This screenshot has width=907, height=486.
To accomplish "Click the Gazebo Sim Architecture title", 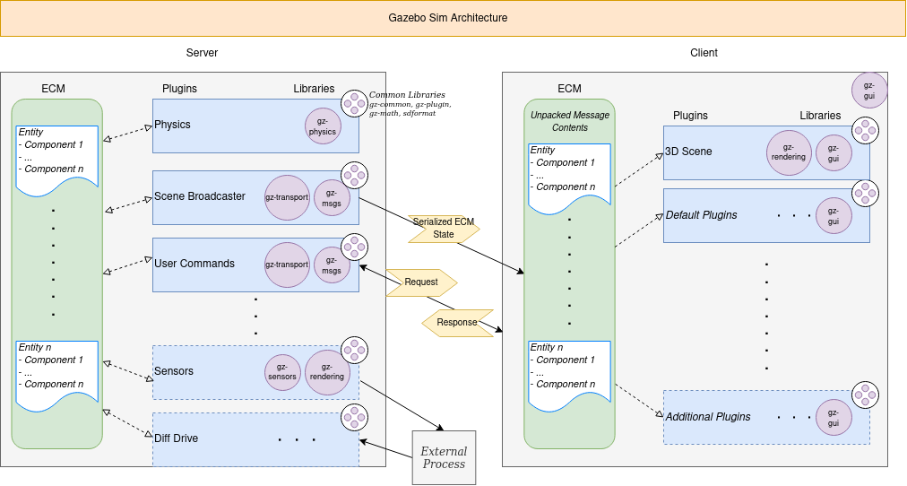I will (x=447, y=18).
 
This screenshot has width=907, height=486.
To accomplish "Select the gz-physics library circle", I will (x=323, y=126).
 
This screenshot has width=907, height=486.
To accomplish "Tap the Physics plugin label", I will (x=172, y=125).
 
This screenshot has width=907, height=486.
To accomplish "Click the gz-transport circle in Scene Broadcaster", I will (x=287, y=197).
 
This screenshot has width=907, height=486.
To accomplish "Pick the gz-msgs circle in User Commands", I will (x=332, y=265).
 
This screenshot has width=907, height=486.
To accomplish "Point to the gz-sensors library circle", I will (x=282, y=372).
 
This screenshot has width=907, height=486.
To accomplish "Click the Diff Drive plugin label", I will (x=176, y=438).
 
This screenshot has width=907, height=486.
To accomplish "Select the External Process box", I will (x=444, y=457).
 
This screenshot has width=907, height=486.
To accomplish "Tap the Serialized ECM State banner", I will (x=443, y=228).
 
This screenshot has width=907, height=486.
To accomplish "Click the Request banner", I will (x=421, y=282).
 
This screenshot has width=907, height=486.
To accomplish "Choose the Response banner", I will (x=457, y=323).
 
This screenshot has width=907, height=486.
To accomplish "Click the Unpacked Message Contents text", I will (x=569, y=121).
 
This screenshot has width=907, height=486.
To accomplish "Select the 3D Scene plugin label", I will (x=688, y=152).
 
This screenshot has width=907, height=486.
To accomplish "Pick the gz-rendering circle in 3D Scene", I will (x=789, y=152).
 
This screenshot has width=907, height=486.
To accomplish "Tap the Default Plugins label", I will (x=701, y=215).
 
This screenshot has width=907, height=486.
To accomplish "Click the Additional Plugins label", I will (x=708, y=417).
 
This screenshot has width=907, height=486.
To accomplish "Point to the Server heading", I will (x=202, y=53).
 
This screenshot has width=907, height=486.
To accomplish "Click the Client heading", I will (x=704, y=53).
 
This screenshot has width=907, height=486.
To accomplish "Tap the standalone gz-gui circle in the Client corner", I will (x=868, y=90).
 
